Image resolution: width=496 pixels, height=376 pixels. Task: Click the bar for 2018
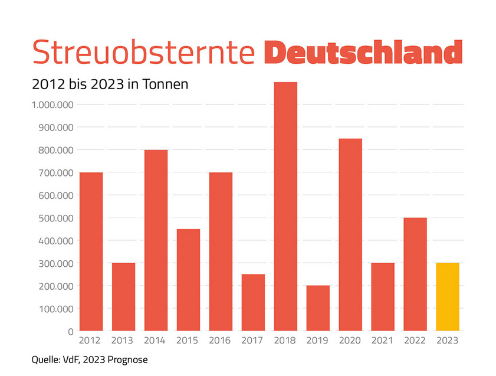(x=285, y=207)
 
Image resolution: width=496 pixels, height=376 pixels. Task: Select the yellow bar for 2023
(x=447, y=296)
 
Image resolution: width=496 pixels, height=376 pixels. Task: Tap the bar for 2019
(x=318, y=308)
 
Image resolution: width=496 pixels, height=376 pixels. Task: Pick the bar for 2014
(x=156, y=240)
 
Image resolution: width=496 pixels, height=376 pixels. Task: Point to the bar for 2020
(x=350, y=234)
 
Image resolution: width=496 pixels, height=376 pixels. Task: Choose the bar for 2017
(x=253, y=302)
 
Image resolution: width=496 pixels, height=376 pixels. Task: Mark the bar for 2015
(x=188, y=280)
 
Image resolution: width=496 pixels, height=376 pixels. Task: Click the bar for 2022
(x=415, y=274)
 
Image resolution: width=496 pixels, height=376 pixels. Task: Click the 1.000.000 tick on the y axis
(x=50, y=105)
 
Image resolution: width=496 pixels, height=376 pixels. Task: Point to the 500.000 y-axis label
(x=52, y=218)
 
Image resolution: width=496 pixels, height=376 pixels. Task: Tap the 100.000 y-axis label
(x=52, y=309)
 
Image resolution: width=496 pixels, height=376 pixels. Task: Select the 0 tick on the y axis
(x=69, y=332)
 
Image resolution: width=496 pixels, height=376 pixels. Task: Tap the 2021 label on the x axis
(x=382, y=341)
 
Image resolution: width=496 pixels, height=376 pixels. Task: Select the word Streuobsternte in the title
(x=143, y=53)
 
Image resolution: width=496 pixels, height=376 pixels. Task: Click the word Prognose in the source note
(x=126, y=359)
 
